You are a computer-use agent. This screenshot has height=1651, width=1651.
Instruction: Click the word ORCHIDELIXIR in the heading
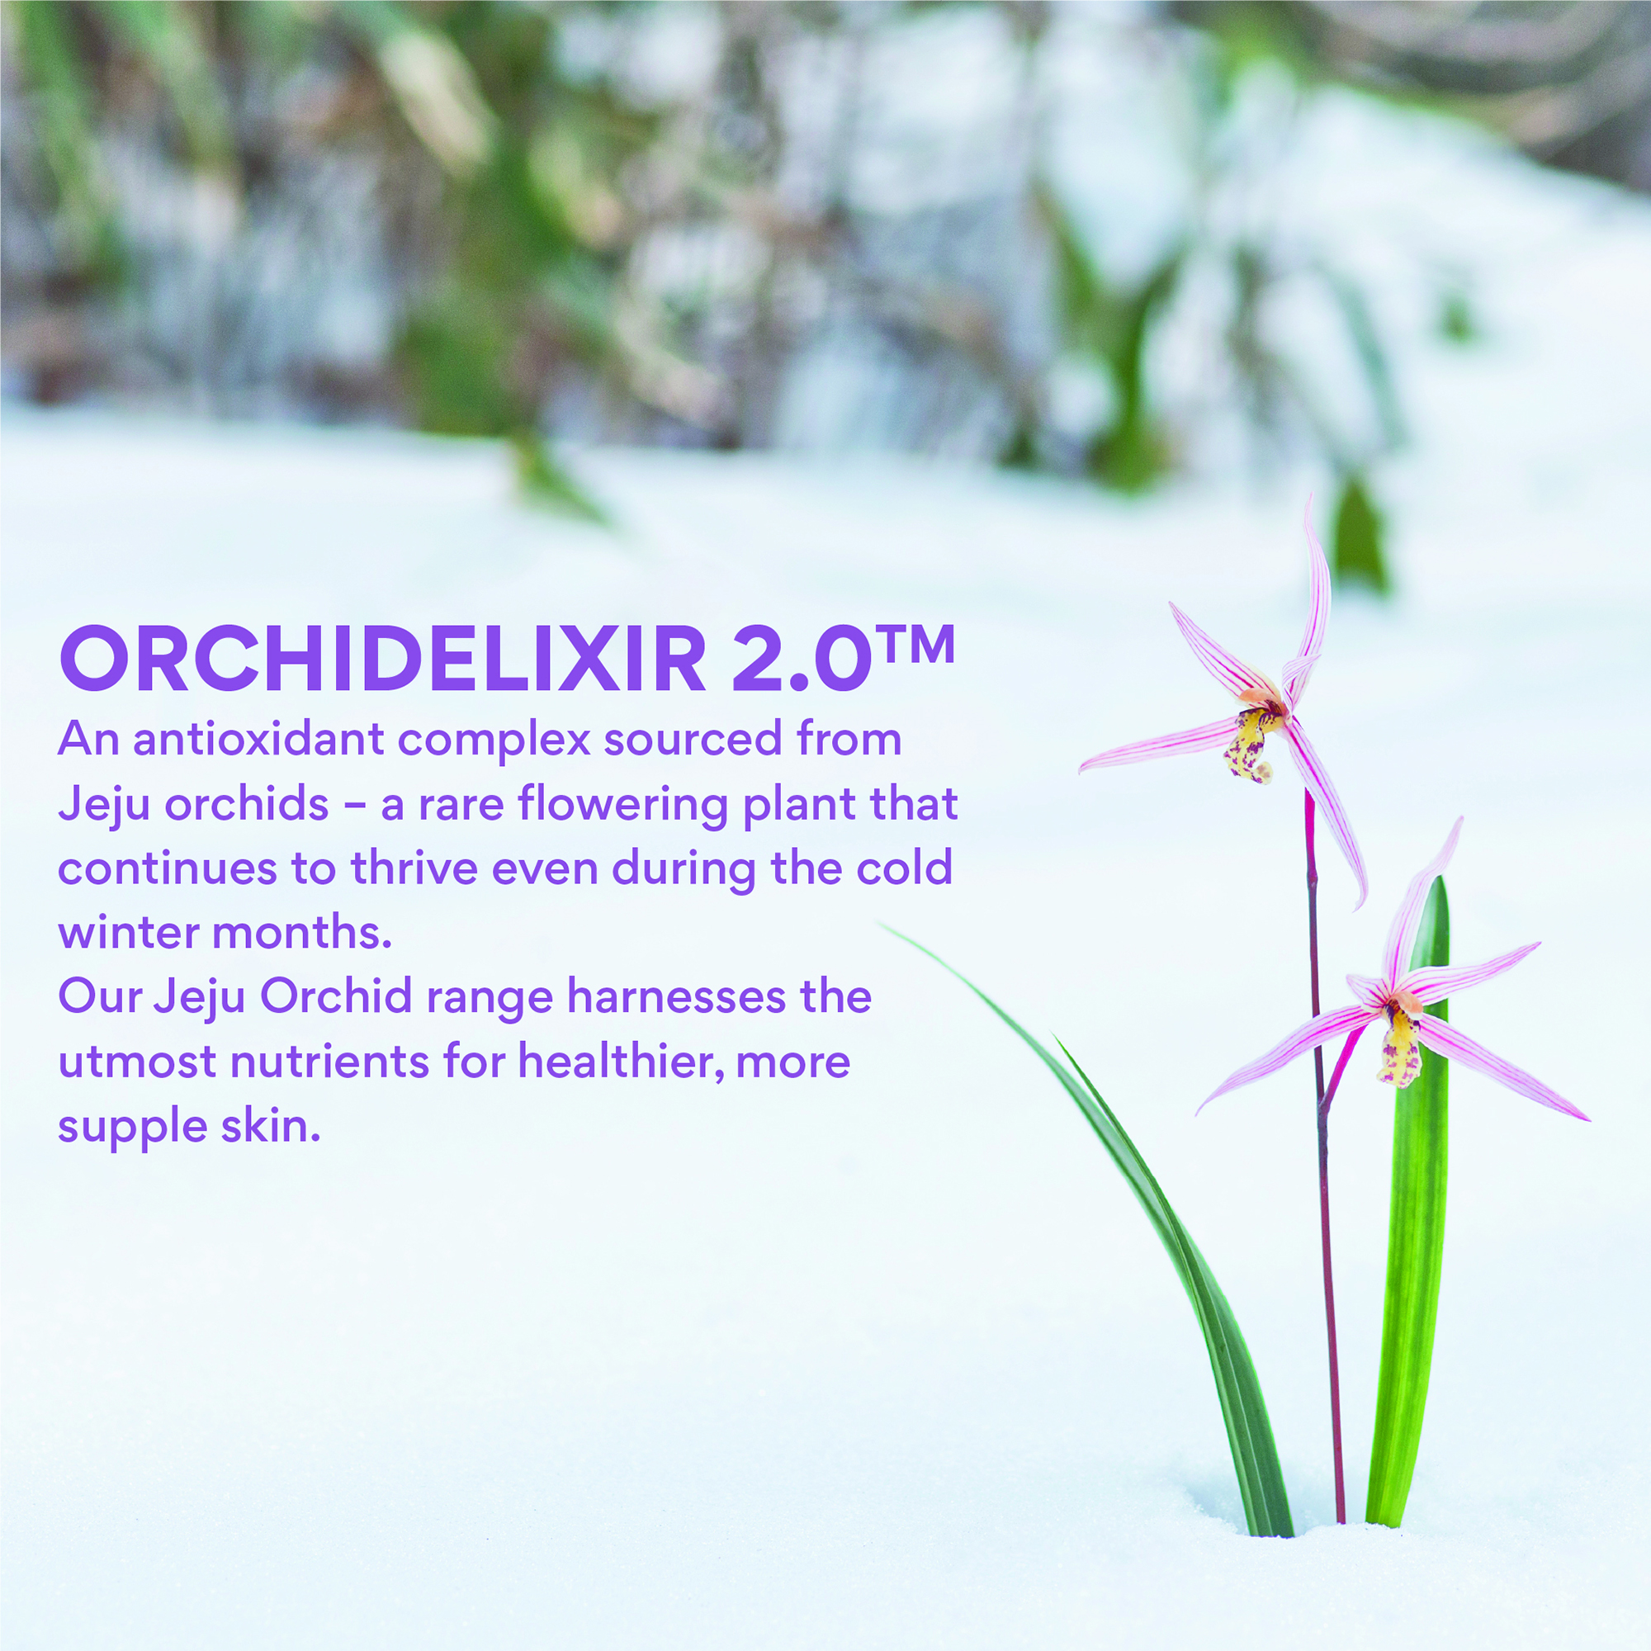click(381, 659)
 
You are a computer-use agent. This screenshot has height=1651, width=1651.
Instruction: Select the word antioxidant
click(258, 739)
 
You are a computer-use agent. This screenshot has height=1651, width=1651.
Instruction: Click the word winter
click(128, 932)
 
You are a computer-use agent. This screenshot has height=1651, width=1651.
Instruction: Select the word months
click(301, 932)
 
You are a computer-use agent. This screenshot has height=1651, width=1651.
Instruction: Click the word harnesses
click(676, 997)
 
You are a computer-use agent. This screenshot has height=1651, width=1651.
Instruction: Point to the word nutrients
click(329, 1062)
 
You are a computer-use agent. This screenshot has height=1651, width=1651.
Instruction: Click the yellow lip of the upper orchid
click(1249, 745)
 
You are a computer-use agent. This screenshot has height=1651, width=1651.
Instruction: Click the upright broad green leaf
click(1415, 1239)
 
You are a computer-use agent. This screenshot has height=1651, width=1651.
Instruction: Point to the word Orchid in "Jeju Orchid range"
click(337, 997)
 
